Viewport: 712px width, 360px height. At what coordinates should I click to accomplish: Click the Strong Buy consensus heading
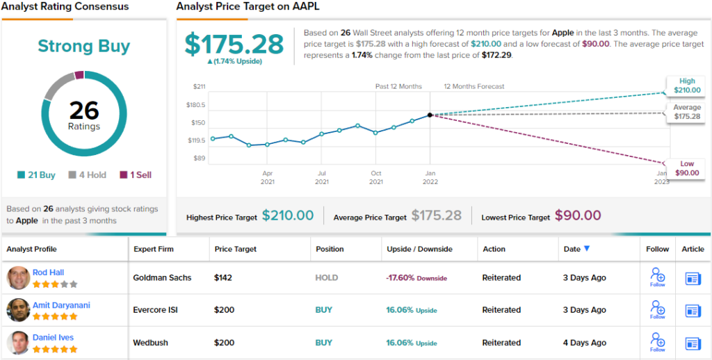click(x=83, y=47)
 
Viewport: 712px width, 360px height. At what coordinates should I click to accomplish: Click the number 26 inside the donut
click(x=84, y=111)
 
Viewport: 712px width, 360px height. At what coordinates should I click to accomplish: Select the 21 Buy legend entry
click(x=38, y=175)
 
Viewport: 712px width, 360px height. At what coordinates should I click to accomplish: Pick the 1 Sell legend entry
click(x=136, y=175)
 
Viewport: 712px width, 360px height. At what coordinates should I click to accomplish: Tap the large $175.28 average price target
click(x=234, y=44)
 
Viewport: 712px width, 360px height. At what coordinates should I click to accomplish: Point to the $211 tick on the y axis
click(x=199, y=87)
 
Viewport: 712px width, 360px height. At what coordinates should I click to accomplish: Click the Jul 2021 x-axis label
click(x=321, y=177)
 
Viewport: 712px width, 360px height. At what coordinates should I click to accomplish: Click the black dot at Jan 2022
click(x=430, y=115)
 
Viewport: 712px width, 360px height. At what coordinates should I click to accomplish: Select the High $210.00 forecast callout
click(x=686, y=85)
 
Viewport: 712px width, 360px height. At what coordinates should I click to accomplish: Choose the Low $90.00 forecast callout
click(x=686, y=168)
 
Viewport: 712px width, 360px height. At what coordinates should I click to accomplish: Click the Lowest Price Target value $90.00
click(x=578, y=216)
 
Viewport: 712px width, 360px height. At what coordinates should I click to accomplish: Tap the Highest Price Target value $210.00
click(x=288, y=216)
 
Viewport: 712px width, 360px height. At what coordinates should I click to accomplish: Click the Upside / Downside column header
click(x=419, y=249)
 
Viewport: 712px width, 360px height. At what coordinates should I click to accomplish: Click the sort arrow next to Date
click(x=587, y=249)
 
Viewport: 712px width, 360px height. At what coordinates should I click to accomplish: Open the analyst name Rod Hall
click(x=48, y=272)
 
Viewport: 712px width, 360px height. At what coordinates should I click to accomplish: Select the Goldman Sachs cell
click(x=162, y=278)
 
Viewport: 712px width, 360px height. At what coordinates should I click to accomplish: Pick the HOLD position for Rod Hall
click(x=327, y=278)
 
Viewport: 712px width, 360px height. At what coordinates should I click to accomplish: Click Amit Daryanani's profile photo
click(x=18, y=310)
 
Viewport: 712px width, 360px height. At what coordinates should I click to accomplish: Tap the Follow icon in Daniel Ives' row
click(x=657, y=341)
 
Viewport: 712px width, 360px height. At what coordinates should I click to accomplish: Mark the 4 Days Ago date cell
click(x=584, y=343)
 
